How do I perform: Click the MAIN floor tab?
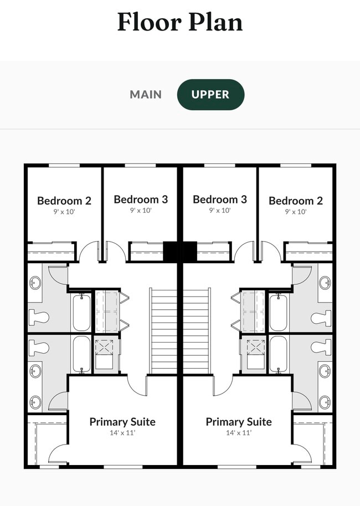(146, 94)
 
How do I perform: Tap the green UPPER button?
(210, 94)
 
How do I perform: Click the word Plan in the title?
(213, 22)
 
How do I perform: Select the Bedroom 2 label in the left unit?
(64, 201)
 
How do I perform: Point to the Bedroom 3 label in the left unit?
(141, 200)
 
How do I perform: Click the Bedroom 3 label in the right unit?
(220, 200)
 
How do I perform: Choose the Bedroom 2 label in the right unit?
(296, 201)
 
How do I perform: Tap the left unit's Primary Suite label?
(122, 422)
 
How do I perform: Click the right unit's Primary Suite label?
(239, 422)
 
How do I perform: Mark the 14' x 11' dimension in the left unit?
(122, 433)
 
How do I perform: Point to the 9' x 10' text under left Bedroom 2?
(64, 211)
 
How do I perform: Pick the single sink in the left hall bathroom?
(35, 283)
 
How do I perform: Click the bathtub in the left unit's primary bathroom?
(81, 354)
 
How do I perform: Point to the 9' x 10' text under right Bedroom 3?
(220, 210)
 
